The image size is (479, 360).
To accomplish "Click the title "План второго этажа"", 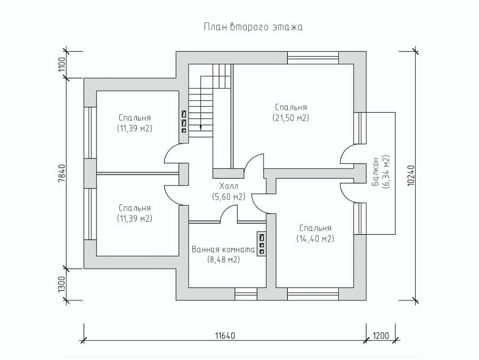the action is [x=253, y=27].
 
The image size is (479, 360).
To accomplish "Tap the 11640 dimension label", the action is [x=225, y=336].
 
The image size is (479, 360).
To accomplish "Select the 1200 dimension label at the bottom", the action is [x=381, y=336].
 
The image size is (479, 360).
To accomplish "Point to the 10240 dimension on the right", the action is [x=411, y=175].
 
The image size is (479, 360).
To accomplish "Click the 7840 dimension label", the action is [x=61, y=174].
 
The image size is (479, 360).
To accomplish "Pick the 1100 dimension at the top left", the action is [x=61, y=64].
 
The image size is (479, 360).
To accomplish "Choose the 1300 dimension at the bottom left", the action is [x=61, y=284].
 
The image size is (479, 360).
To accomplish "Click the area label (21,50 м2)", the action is [x=291, y=118].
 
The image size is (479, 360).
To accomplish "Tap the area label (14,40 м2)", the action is [x=315, y=239].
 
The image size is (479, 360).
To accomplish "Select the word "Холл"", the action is [x=228, y=186].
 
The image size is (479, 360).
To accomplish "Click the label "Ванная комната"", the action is [x=223, y=250].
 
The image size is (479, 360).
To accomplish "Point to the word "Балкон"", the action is [x=375, y=171].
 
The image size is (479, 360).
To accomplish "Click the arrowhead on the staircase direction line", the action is [x=201, y=128].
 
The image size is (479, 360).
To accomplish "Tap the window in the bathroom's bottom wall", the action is [x=246, y=294].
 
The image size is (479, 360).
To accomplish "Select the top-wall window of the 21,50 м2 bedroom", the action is [x=313, y=58].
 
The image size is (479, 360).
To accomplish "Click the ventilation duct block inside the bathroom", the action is [x=262, y=244].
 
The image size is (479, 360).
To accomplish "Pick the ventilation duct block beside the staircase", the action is [x=184, y=121].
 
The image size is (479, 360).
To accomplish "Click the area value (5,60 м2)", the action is [x=228, y=197].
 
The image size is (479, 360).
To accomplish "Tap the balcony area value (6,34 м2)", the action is [x=386, y=171].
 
